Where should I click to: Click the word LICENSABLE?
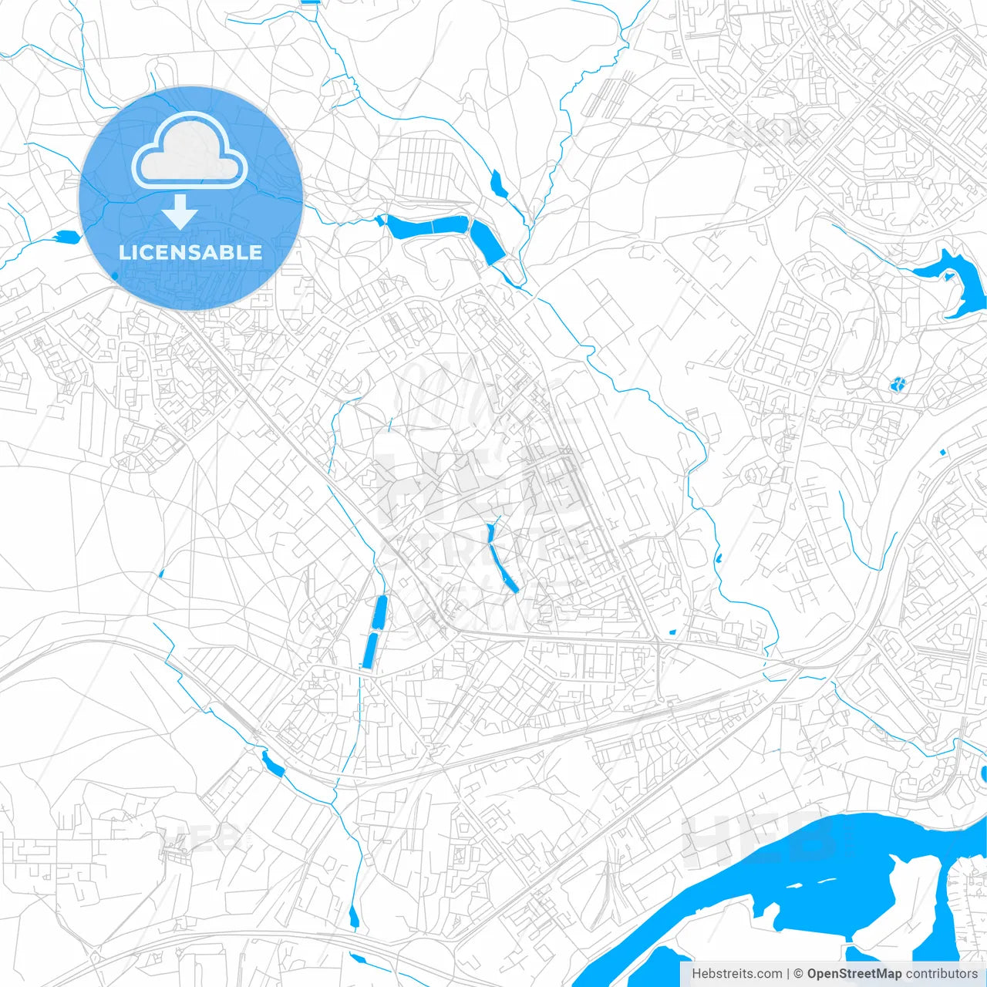(x=190, y=252)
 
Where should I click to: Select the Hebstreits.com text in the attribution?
(x=736, y=974)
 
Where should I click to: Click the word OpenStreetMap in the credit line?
(x=854, y=974)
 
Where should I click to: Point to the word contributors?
(x=942, y=974)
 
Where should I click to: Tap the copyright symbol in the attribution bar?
(x=799, y=974)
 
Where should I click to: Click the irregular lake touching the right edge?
(x=956, y=281)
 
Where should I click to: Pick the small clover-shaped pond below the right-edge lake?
(x=898, y=383)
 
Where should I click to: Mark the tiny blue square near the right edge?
(x=942, y=451)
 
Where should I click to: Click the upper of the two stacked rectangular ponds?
(x=379, y=613)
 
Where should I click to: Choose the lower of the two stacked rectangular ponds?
(x=370, y=651)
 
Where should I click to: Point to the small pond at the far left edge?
(x=67, y=237)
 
